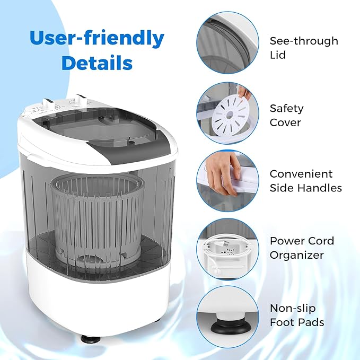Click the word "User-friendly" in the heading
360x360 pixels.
96,39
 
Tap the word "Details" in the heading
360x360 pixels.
96,63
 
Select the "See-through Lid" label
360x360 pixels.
304,48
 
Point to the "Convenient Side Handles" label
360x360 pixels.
305,181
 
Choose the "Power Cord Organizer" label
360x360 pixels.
302,248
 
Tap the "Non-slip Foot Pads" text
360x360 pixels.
296,315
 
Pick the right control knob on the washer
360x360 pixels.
81,100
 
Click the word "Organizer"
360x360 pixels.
296,255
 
